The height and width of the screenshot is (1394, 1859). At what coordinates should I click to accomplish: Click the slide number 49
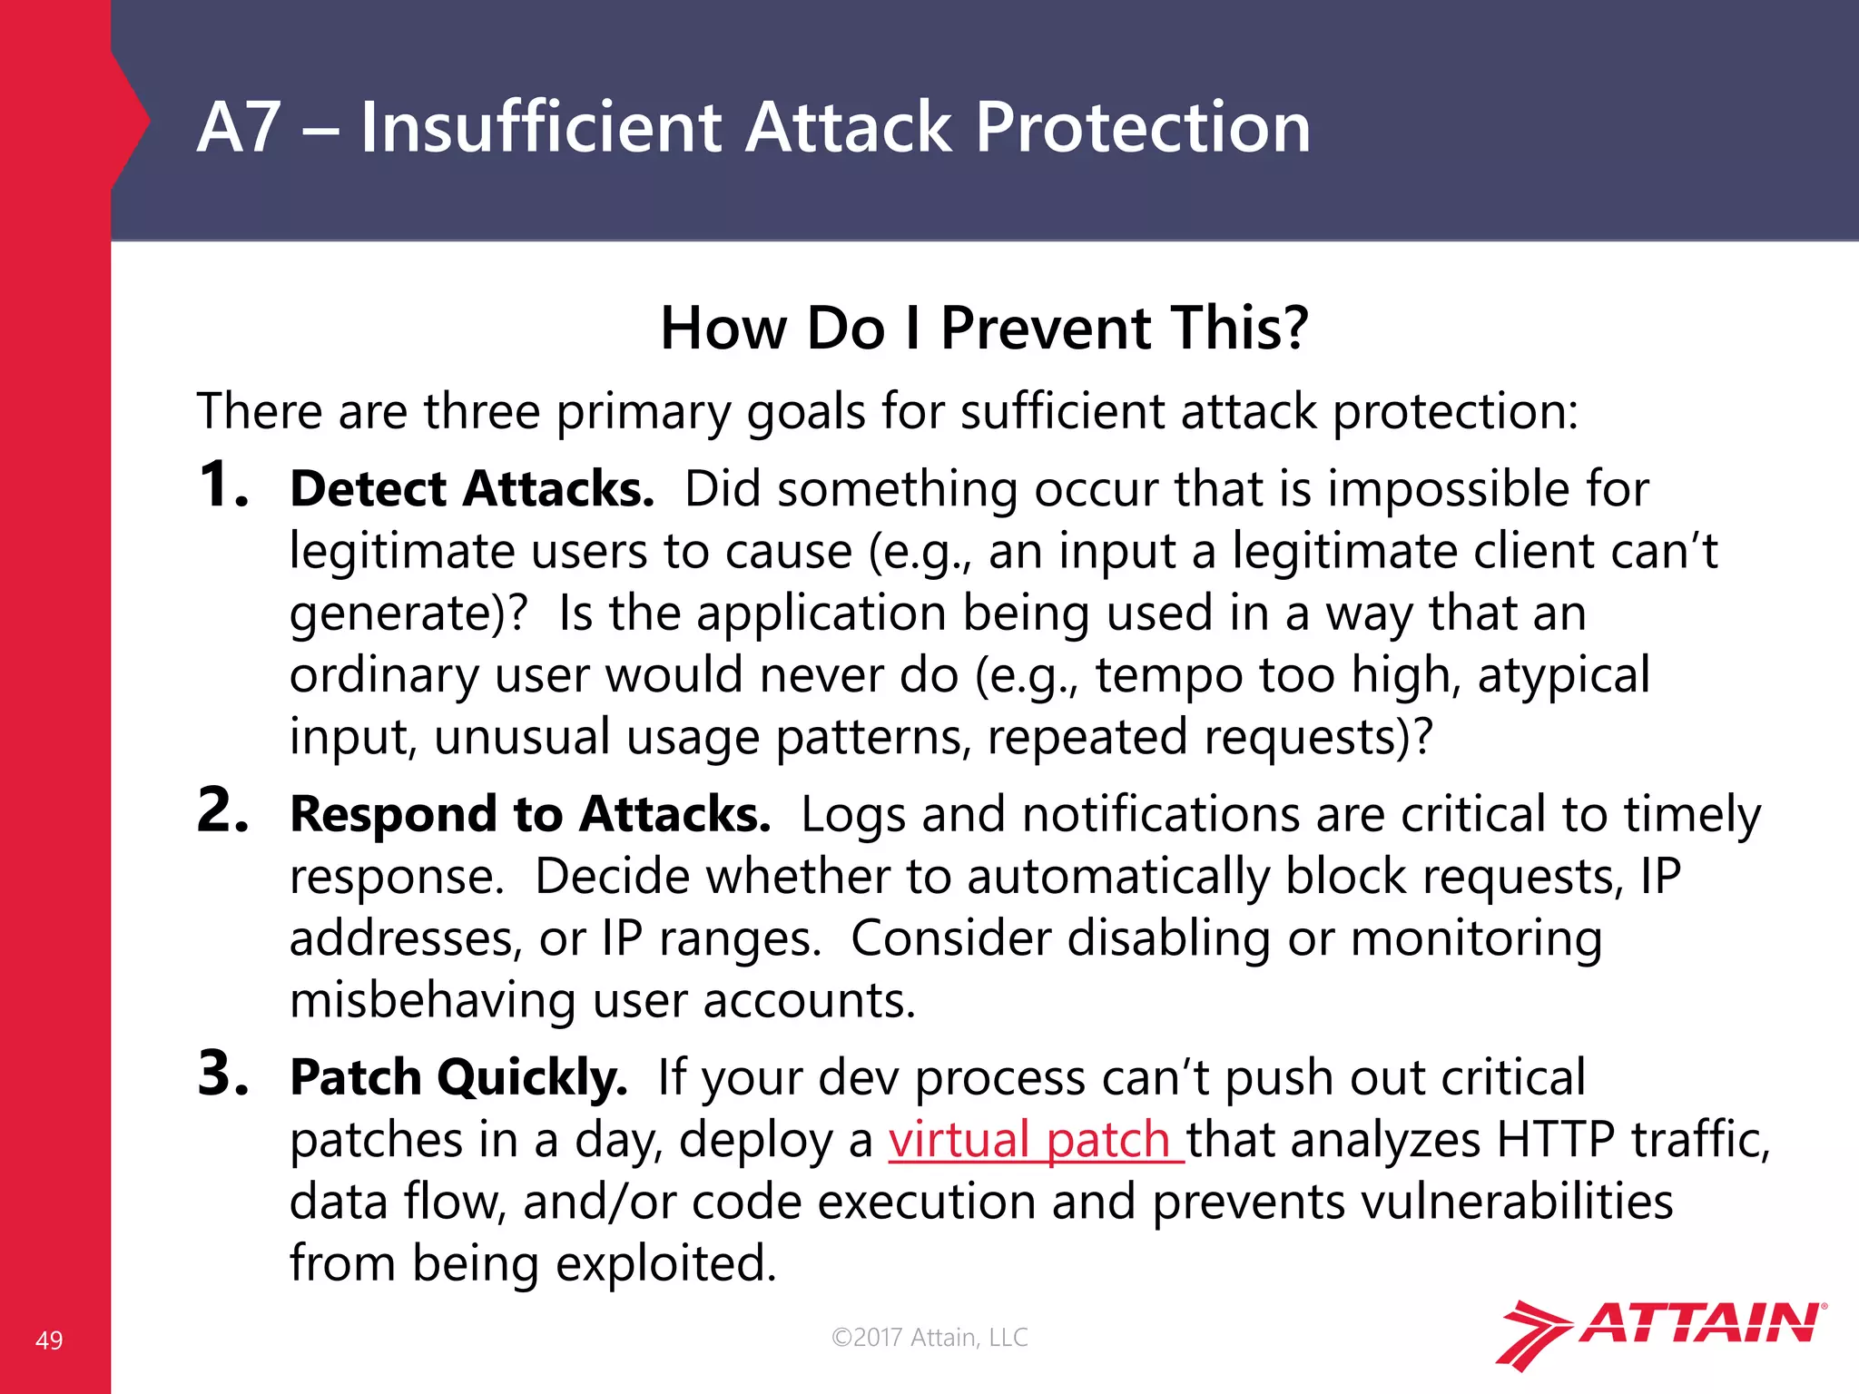tap(49, 1340)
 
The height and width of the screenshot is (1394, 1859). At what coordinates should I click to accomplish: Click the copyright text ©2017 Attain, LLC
tap(929, 1337)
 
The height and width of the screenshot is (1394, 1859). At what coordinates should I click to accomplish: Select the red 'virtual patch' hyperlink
tap(1035, 1140)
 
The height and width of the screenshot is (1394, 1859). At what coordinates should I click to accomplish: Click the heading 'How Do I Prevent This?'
tap(984, 328)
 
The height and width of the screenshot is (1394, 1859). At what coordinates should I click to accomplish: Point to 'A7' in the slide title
tap(238, 127)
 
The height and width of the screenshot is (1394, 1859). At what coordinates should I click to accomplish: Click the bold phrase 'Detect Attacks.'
tap(472, 489)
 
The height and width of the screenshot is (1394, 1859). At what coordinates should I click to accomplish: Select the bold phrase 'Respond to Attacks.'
tap(530, 814)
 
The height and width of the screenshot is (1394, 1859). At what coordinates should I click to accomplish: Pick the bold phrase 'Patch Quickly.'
tap(458, 1078)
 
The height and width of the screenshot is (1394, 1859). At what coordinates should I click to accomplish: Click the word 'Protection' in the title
tap(1142, 127)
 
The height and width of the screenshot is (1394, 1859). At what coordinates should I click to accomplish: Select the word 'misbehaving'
tap(432, 1001)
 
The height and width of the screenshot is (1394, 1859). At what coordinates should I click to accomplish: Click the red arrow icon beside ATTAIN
tap(1532, 1334)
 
